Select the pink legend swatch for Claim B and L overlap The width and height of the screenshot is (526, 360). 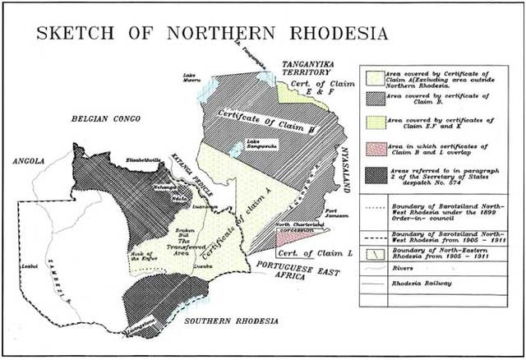click(x=371, y=149)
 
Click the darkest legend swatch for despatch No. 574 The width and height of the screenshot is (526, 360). click(x=371, y=175)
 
